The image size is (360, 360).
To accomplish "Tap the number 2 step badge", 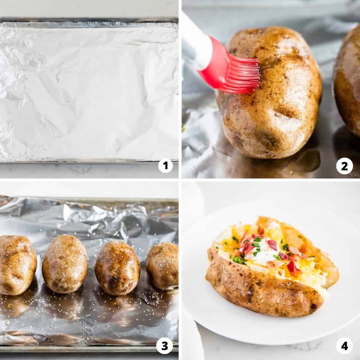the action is tap(344, 166).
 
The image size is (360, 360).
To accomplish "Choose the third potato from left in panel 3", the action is tap(117, 268).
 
